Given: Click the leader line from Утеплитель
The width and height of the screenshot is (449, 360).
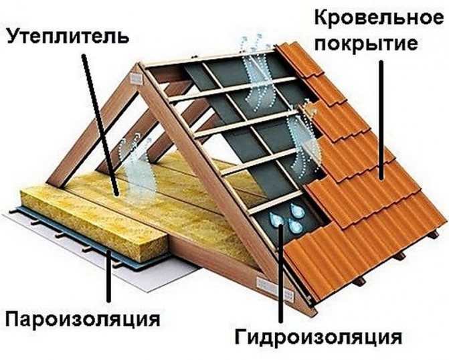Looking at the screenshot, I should (100, 120).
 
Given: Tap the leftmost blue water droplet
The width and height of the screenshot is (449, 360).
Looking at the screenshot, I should (274, 220).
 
